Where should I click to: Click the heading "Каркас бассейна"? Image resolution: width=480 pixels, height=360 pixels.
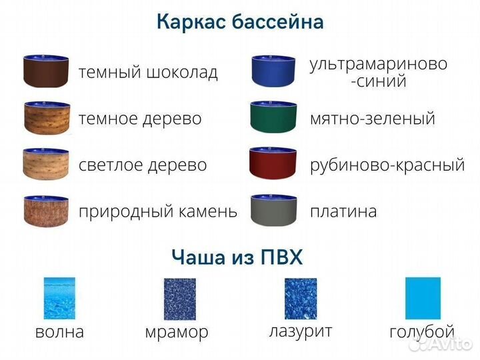(x=240, y=22)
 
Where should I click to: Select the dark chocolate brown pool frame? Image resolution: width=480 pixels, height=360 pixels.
(x=47, y=71)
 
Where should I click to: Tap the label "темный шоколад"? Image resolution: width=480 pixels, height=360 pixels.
(x=148, y=72)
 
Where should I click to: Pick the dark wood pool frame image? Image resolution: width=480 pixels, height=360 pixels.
(x=47, y=118)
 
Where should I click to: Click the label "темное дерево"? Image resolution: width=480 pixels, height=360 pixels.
(x=140, y=119)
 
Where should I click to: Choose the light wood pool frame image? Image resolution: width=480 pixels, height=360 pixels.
(x=47, y=164)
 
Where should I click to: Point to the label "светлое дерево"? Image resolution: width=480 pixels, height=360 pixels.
(x=143, y=165)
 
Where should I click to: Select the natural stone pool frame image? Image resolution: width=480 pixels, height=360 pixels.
(x=47, y=211)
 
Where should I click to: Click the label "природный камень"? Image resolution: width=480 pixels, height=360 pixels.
(x=158, y=212)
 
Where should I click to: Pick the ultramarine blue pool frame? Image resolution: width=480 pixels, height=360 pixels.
(x=273, y=71)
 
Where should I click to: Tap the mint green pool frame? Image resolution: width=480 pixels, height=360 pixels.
(x=273, y=118)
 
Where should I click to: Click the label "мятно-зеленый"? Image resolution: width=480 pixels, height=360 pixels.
(x=372, y=119)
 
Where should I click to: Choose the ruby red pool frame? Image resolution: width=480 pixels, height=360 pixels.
(x=273, y=164)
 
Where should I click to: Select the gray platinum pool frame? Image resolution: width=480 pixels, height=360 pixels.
(x=273, y=211)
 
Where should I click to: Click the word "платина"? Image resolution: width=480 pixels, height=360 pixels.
(x=343, y=212)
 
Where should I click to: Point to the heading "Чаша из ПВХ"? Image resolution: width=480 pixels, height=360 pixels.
(x=237, y=257)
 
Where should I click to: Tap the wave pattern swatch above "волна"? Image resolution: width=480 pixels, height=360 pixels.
(x=59, y=299)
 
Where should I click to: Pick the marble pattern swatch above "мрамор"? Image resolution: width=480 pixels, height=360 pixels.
(x=179, y=299)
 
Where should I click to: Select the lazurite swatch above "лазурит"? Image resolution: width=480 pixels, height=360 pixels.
(x=300, y=299)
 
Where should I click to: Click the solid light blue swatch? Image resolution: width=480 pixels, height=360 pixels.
(x=423, y=299)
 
